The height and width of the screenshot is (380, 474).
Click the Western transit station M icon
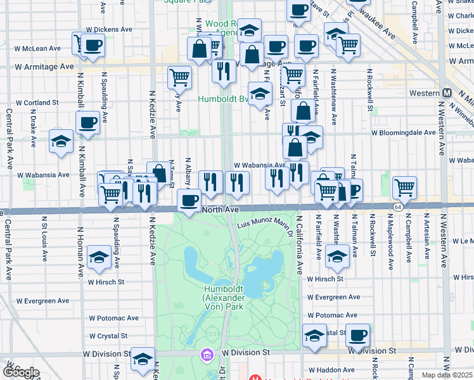[x=447, y=93]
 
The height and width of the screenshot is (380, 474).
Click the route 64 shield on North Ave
[x=397, y=207]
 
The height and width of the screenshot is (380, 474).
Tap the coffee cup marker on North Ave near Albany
[x=188, y=200]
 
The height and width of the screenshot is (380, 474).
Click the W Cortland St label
[x=37, y=102]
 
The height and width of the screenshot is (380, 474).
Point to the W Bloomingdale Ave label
[x=404, y=133]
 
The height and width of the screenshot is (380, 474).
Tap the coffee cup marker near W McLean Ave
[x=93, y=46]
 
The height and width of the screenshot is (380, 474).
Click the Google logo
[x=20, y=372]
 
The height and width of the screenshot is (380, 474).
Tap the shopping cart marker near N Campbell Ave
[x=404, y=187]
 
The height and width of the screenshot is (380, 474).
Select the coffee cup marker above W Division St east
[x=357, y=336]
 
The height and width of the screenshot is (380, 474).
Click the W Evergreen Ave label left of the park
[x=43, y=301]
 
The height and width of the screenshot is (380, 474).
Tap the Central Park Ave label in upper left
[x=9, y=139]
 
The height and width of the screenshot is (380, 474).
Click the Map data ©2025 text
[x=447, y=375]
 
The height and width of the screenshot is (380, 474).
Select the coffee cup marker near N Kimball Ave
[x=87, y=123]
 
